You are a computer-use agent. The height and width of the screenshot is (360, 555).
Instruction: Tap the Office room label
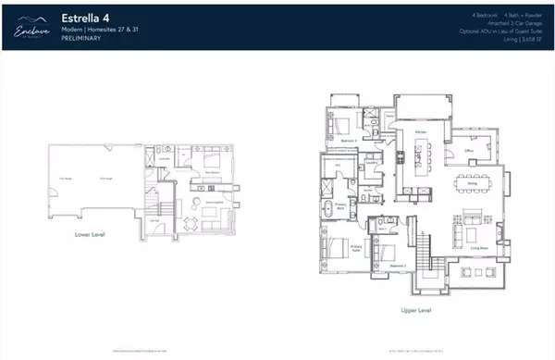[x=469, y=148]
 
